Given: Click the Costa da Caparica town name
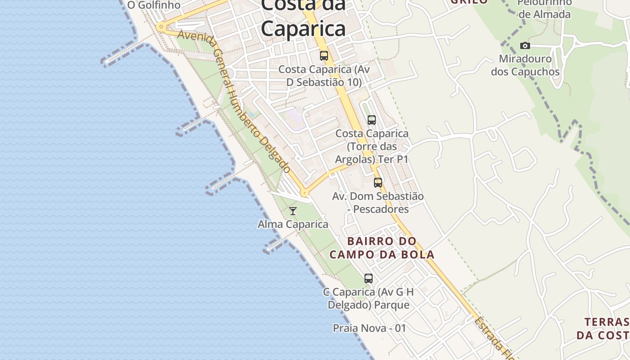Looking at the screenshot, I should click(x=303, y=18).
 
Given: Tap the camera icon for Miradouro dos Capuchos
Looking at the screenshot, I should click(x=525, y=45).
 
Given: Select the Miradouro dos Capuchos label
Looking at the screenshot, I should click(x=525, y=65).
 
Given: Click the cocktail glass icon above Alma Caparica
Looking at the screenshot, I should click(x=293, y=211).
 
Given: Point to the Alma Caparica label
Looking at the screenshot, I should click(x=293, y=224).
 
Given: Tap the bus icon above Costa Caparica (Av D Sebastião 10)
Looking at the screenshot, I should click(x=324, y=56).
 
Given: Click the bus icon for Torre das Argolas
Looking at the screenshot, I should click(x=371, y=120).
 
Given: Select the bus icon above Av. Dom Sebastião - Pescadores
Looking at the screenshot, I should click(x=378, y=183).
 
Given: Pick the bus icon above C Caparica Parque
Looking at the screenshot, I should click(x=369, y=279).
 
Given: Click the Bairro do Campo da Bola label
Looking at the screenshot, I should click(x=382, y=248).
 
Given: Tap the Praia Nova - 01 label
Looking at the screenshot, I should click(x=369, y=328).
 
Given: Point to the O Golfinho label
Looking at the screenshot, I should click(x=154, y=5).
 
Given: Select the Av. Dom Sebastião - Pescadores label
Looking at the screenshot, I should click(x=378, y=202).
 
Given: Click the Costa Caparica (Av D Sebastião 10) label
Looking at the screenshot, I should click(x=324, y=76).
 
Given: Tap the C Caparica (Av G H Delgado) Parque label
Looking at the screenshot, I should click(x=368, y=298).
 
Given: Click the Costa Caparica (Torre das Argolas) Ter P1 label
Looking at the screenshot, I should click(x=372, y=147).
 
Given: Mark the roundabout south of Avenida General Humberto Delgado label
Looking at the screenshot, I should click(x=305, y=193).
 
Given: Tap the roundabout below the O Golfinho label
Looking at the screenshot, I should click(x=161, y=27).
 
